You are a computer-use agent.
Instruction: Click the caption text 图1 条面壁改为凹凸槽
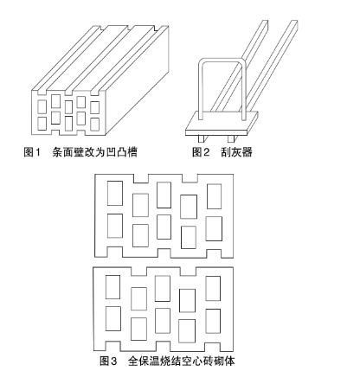80,152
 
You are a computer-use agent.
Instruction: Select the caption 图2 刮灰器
222,152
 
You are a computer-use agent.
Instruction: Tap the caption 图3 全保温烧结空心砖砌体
167,361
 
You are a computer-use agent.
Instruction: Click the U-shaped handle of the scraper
200,86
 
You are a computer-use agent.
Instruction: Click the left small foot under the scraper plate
201,139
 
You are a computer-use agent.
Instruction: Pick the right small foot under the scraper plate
231,139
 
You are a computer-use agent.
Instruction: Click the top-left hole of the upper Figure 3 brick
115,193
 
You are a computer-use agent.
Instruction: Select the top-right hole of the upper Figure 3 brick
215,196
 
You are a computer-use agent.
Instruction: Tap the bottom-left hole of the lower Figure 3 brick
113,318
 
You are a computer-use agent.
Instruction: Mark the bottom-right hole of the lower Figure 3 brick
213,321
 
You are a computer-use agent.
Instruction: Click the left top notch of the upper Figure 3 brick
141,178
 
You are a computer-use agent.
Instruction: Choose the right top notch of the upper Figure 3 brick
190,178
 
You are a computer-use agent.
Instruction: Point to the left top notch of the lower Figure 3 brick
139,272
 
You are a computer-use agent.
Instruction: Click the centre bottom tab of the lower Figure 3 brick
163,346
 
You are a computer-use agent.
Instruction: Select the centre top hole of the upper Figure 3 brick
164,195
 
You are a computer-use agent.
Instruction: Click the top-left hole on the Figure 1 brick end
42,106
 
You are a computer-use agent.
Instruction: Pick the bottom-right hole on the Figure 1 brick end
94,125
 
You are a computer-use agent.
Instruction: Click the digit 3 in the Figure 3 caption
113,361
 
